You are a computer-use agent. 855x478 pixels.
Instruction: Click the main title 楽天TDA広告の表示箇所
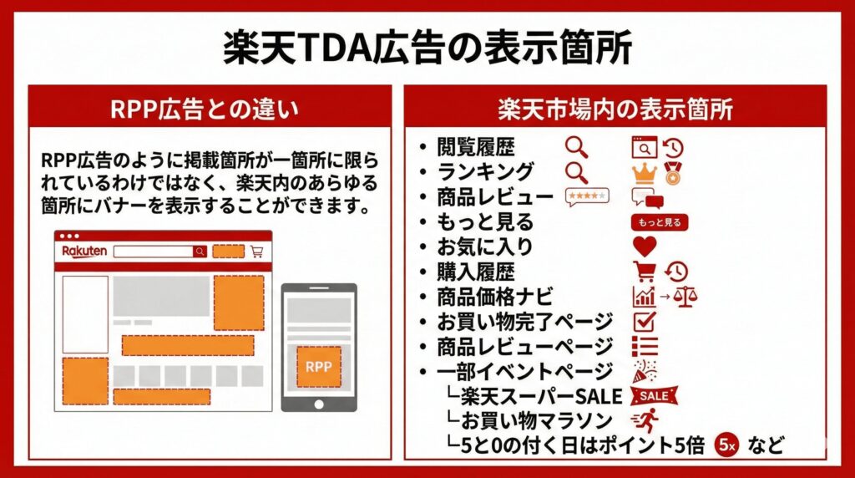[427, 48]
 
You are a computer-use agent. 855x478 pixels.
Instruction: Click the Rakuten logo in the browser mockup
[84, 251]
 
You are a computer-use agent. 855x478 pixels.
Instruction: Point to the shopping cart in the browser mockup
[256, 251]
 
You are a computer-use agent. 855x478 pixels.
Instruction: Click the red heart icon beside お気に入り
[645, 247]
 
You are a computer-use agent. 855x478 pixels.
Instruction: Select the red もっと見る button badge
[660, 222]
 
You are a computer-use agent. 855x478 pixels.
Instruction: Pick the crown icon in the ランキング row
[644, 173]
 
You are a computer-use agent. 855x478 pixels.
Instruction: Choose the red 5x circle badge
[727, 445]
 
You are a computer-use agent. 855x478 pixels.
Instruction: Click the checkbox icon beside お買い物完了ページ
[645, 321]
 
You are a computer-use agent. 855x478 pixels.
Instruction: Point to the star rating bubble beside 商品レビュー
[587, 197]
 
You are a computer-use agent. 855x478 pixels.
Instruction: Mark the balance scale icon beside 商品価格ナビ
[686, 297]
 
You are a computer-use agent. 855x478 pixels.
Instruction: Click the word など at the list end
[766, 445]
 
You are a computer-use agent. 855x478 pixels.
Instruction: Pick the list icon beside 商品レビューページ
[645, 346]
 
